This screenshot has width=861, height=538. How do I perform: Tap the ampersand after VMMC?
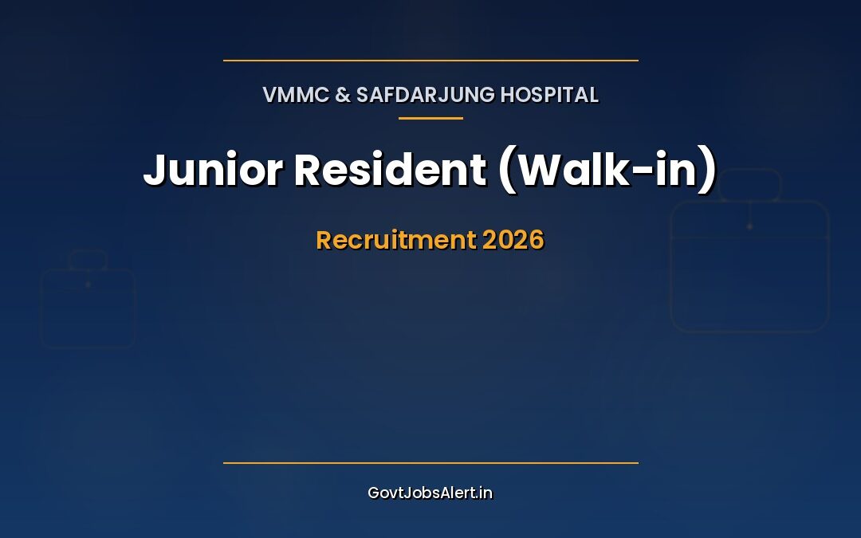click(x=342, y=95)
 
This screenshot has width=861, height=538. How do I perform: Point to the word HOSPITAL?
click(x=549, y=95)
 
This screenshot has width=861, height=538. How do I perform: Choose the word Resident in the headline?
click(x=390, y=170)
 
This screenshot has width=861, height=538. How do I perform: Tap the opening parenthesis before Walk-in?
click(x=505, y=171)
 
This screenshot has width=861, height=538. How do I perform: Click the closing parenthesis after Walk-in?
click(x=709, y=171)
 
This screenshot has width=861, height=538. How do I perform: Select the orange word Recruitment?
click(x=395, y=240)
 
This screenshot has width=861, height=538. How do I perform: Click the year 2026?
click(x=513, y=240)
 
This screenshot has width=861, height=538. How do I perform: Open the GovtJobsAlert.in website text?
click(x=431, y=493)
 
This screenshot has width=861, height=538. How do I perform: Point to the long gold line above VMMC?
click(x=431, y=60)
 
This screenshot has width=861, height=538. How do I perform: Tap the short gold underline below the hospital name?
click(x=431, y=118)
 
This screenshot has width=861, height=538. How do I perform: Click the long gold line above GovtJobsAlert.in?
click(x=431, y=462)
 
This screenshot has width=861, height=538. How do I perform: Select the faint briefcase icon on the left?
click(x=88, y=307)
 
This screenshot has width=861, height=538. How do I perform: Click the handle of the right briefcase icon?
click(x=749, y=183)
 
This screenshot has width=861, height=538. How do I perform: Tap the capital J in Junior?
click(x=154, y=170)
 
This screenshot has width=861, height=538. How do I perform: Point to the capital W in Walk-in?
click(x=542, y=170)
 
